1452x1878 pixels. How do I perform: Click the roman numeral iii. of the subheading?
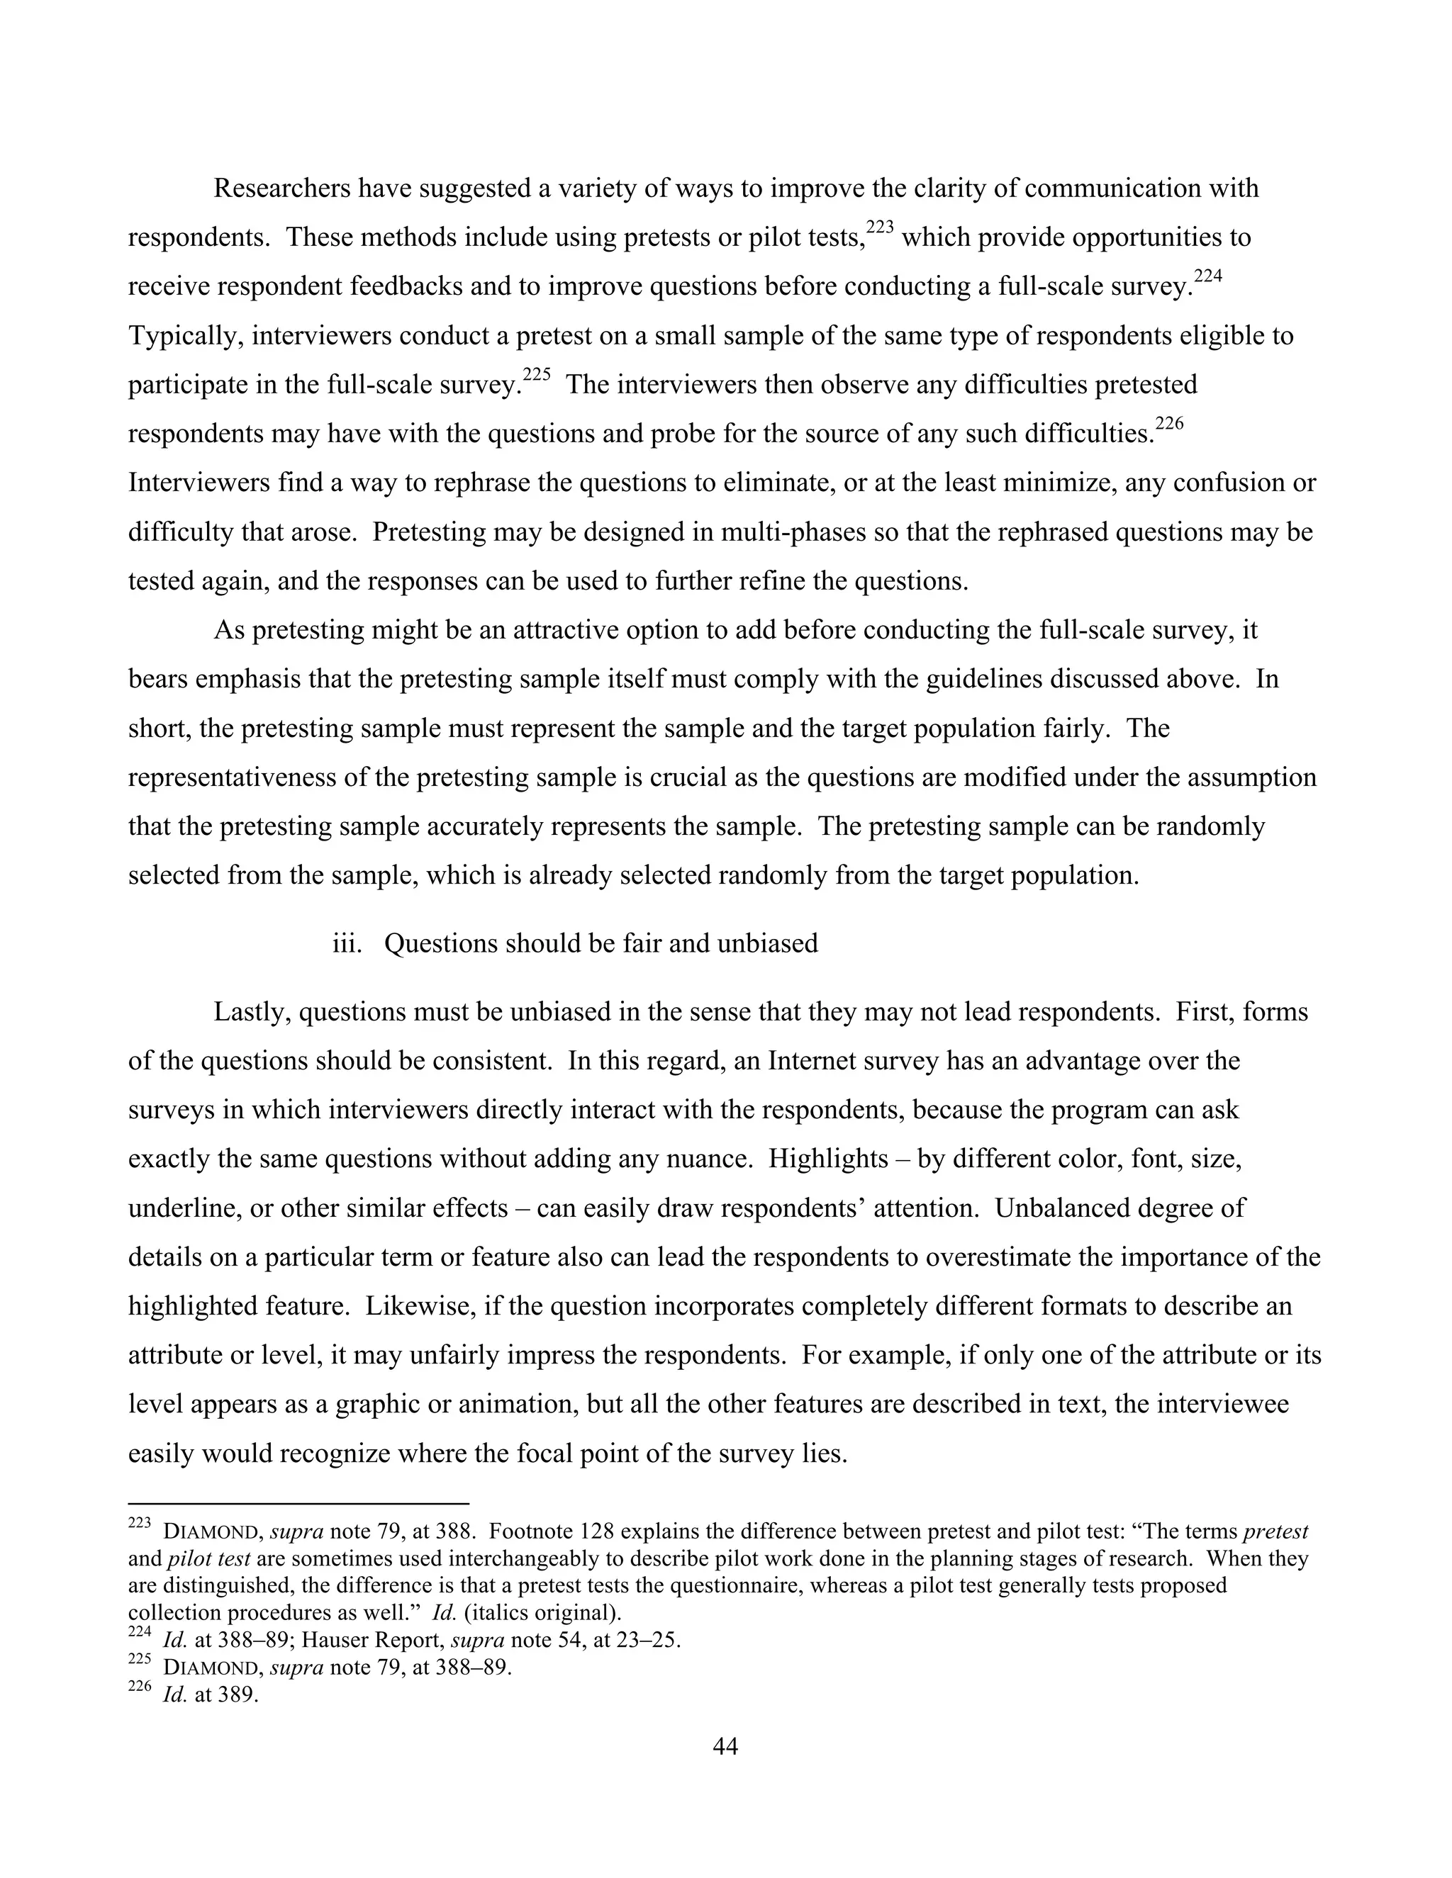coord(347,943)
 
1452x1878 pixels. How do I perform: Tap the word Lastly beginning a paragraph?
coord(252,1012)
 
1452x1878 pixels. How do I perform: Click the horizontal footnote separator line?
coord(298,1504)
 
